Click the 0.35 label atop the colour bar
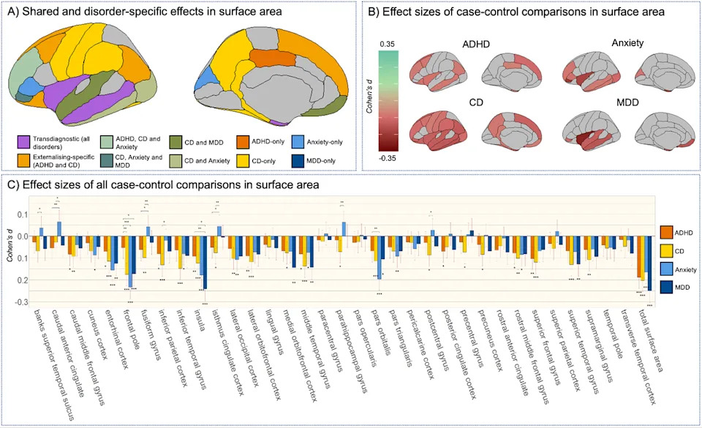[388, 45]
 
